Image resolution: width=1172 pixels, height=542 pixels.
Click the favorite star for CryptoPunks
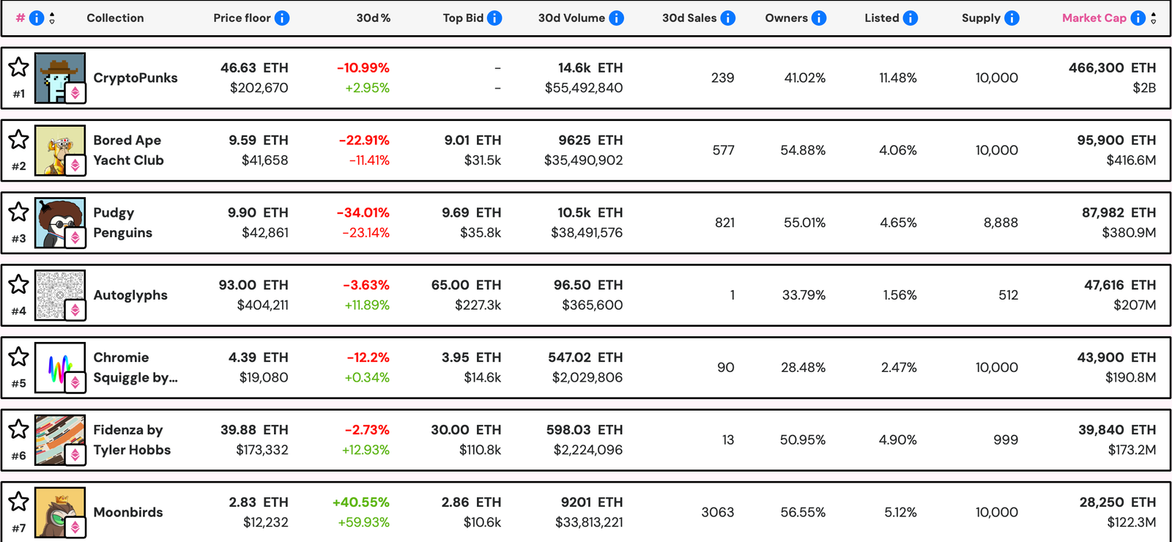click(x=18, y=67)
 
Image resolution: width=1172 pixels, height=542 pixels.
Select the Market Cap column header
click(x=1094, y=18)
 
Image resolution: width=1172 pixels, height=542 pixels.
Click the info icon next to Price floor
click(x=282, y=18)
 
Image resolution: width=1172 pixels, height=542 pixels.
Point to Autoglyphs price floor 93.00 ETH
click(x=253, y=285)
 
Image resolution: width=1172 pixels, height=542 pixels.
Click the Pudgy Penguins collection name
click(x=122, y=223)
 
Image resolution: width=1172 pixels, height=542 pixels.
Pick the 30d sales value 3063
click(x=717, y=512)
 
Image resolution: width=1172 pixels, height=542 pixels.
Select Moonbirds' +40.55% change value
click(x=360, y=502)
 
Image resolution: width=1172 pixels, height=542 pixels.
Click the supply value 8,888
click(x=1000, y=223)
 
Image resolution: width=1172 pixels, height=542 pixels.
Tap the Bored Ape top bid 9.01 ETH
click(x=472, y=140)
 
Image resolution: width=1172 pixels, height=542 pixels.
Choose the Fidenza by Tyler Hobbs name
click(x=131, y=439)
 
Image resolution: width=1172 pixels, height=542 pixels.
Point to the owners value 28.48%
click(x=803, y=368)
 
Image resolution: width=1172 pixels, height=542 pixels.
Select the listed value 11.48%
click(x=897, y=78)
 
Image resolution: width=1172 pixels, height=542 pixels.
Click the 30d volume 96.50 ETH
click(x=587, y=285)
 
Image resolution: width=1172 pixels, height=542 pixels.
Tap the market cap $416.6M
click(x=1130, y=160)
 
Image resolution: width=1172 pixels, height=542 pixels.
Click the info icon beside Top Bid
click(x=494, y=18)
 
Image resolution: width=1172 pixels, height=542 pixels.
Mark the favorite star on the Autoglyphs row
click(x=18, y=285)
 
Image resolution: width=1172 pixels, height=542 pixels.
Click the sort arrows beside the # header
click(x=52, y=18)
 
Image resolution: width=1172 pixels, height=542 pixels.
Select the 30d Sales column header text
click(x=689, y=18)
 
